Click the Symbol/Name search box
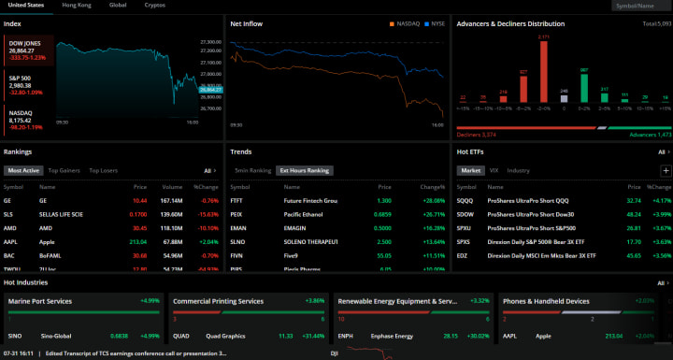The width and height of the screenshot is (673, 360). click(642, 6)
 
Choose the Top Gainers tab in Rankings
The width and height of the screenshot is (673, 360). click(64, 171)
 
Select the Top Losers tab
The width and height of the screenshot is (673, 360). click(103, 171)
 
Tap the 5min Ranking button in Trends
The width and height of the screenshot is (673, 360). click(252, 171)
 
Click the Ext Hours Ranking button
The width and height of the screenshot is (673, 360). click(306, 171)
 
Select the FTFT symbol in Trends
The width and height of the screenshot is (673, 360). click(237, 200)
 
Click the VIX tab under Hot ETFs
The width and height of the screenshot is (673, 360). click(494, 171)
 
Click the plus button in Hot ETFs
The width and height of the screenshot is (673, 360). click(665, 171)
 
